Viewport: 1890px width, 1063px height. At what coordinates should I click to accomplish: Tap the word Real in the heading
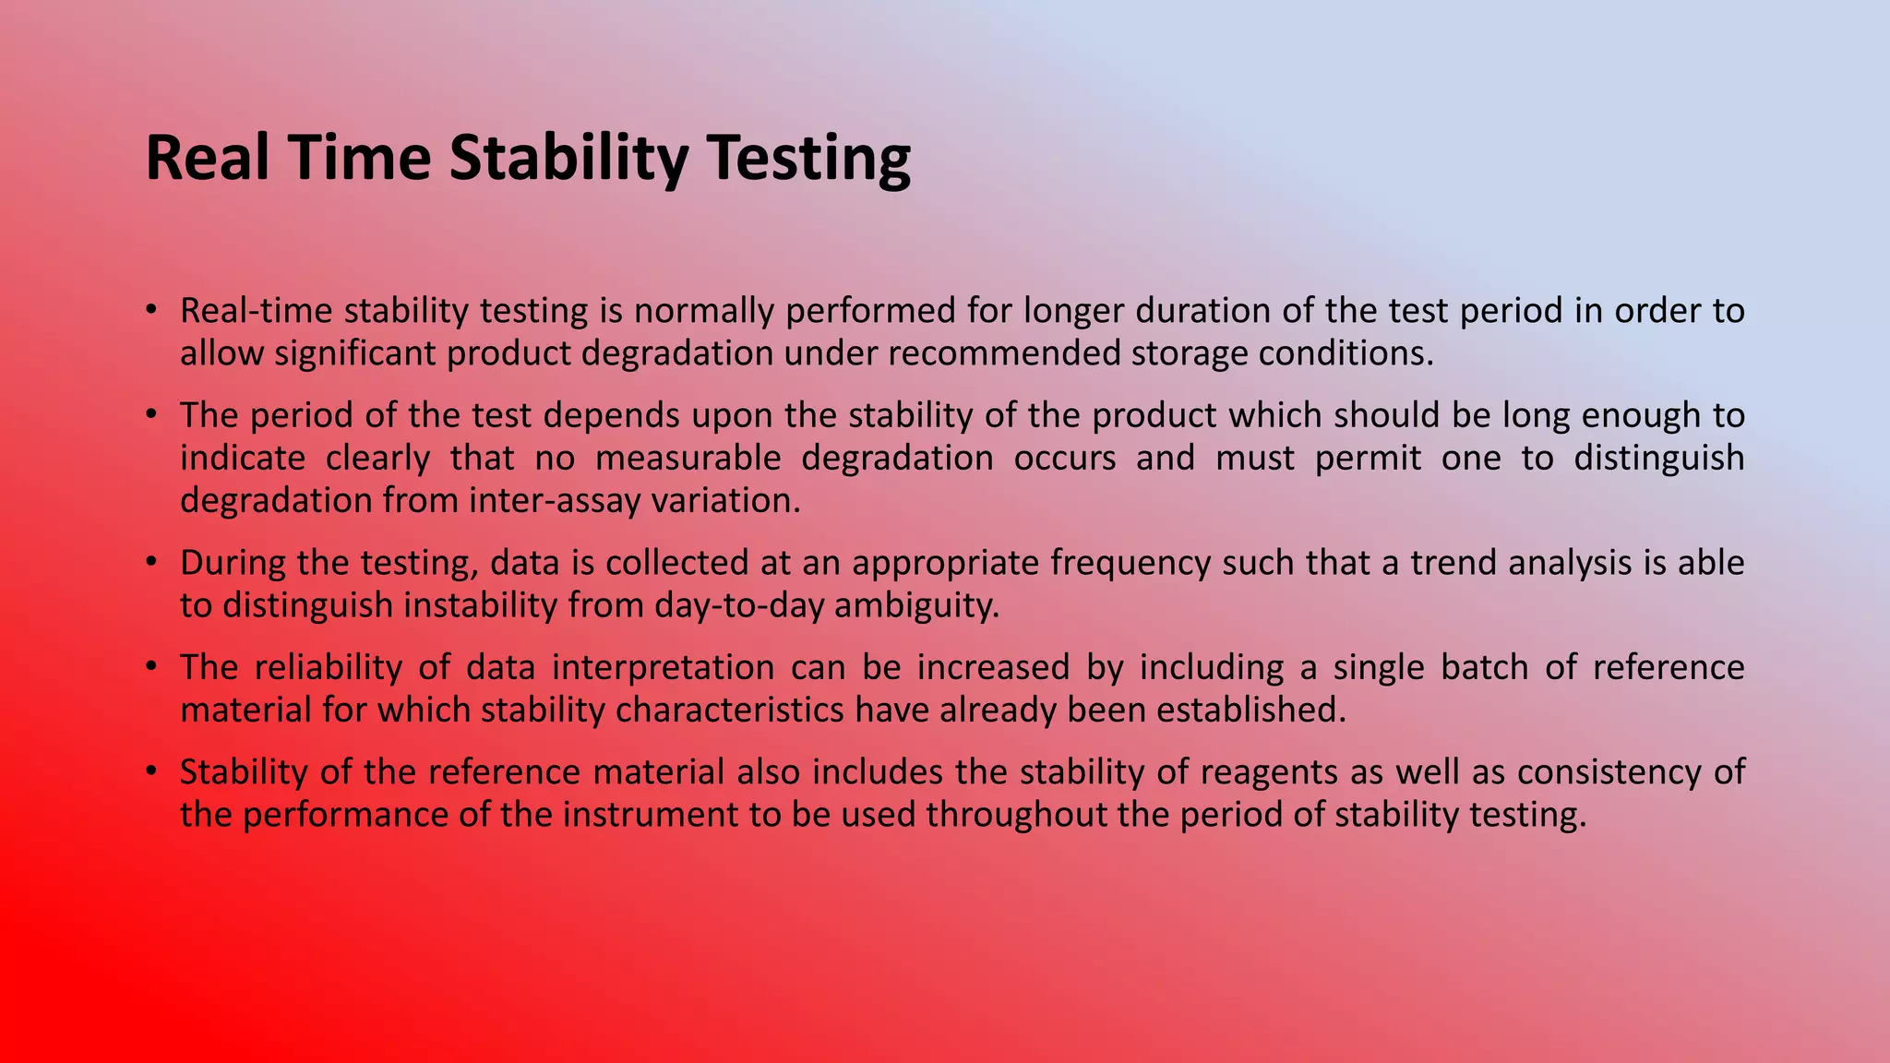click(208, 159)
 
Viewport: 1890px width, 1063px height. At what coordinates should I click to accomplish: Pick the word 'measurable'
click(688, 458)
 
